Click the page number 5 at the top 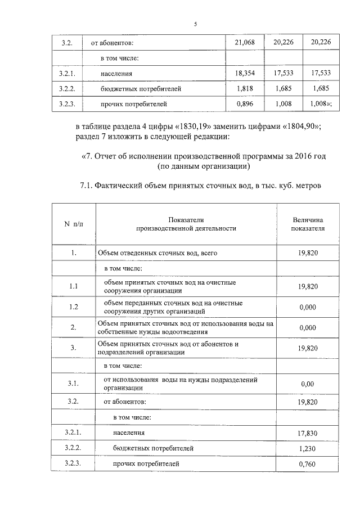(x=195, y=24)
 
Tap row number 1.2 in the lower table (x=73, y=307)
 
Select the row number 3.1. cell (x=73, y=384)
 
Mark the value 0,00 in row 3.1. (x=307, y=384)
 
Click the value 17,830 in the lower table (x=307, y=433)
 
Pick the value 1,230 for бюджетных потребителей (x=307, y=449)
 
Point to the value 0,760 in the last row (x=307, y=465)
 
